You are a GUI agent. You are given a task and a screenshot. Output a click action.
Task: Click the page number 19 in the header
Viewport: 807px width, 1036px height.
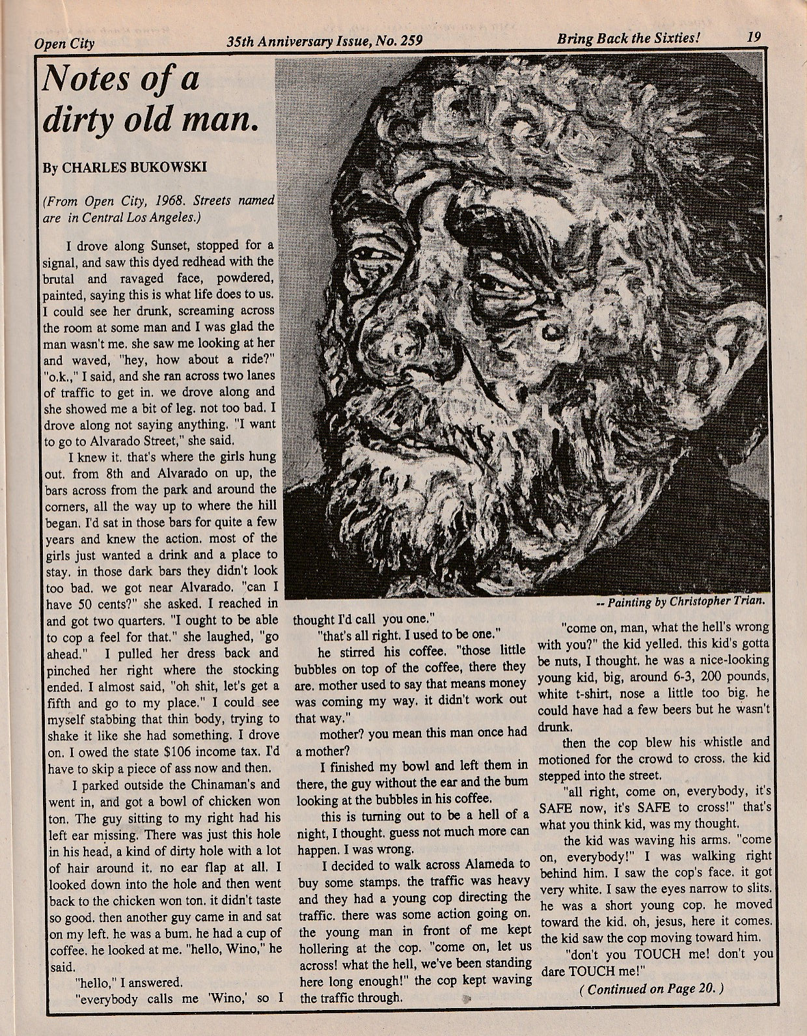pos(755,37)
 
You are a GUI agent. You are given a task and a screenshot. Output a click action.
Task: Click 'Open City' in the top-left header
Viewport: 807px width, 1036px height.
pos(65,44)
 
